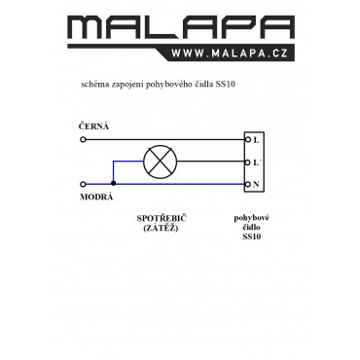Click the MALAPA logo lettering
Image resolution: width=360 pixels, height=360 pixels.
181,27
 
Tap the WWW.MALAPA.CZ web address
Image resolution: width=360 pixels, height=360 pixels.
230,54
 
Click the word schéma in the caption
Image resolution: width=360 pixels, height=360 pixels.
94,85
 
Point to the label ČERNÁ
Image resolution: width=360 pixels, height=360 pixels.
93,126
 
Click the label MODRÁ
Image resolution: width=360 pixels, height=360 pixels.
96,197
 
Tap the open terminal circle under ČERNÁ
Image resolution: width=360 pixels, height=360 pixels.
83,140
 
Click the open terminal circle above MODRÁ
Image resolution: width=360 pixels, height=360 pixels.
83,184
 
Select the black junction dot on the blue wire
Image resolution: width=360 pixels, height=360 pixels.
113,184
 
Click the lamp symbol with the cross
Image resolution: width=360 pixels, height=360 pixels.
161,162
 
